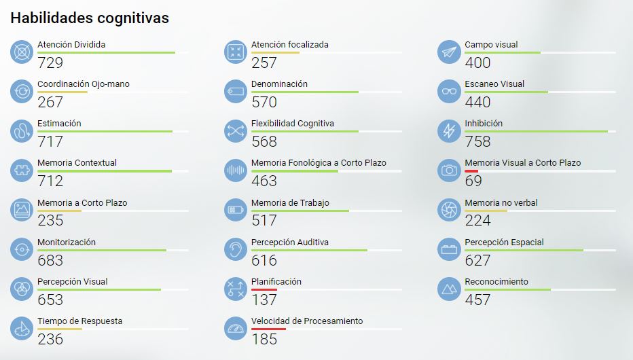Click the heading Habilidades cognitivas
click(x=90, y=18)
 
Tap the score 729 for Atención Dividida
click(x=50, y=62)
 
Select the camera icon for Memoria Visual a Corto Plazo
click(x=449, y=170)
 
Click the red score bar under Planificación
click(x=264, y=290)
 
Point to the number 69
click(x=473, y=181)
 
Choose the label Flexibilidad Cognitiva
click(x=292, y=124)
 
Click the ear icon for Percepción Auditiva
click(x=236, y=249)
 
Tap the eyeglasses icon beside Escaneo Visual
click(x=449, y=92)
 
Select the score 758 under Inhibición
click(x=477, y=141)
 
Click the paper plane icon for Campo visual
click(x=449, y=52)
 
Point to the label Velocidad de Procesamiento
click(x=307, y=321)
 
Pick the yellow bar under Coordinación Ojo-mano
click(x=62, y=92)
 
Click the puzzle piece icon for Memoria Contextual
click(x=22, y=170)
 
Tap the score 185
click(x=264, y=338)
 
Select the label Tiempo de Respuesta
click(x=80, y=321)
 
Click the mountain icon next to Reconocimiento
click(x=449, y=289)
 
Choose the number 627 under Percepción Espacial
click(x=477, y=259)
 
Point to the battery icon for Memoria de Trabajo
click(x=236, y=210)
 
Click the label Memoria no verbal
click(x=501, y=202)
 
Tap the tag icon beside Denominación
click(x=236, y=92)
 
